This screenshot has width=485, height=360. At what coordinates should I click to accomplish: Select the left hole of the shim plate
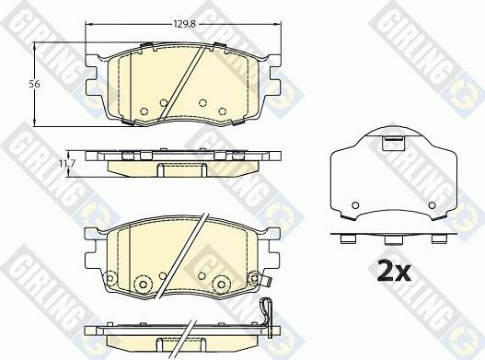353,203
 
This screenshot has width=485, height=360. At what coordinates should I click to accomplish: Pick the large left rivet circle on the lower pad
143,283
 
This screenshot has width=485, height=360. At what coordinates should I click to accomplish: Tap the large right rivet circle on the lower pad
220,283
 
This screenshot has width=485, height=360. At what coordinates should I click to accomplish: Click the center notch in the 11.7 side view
158,168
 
